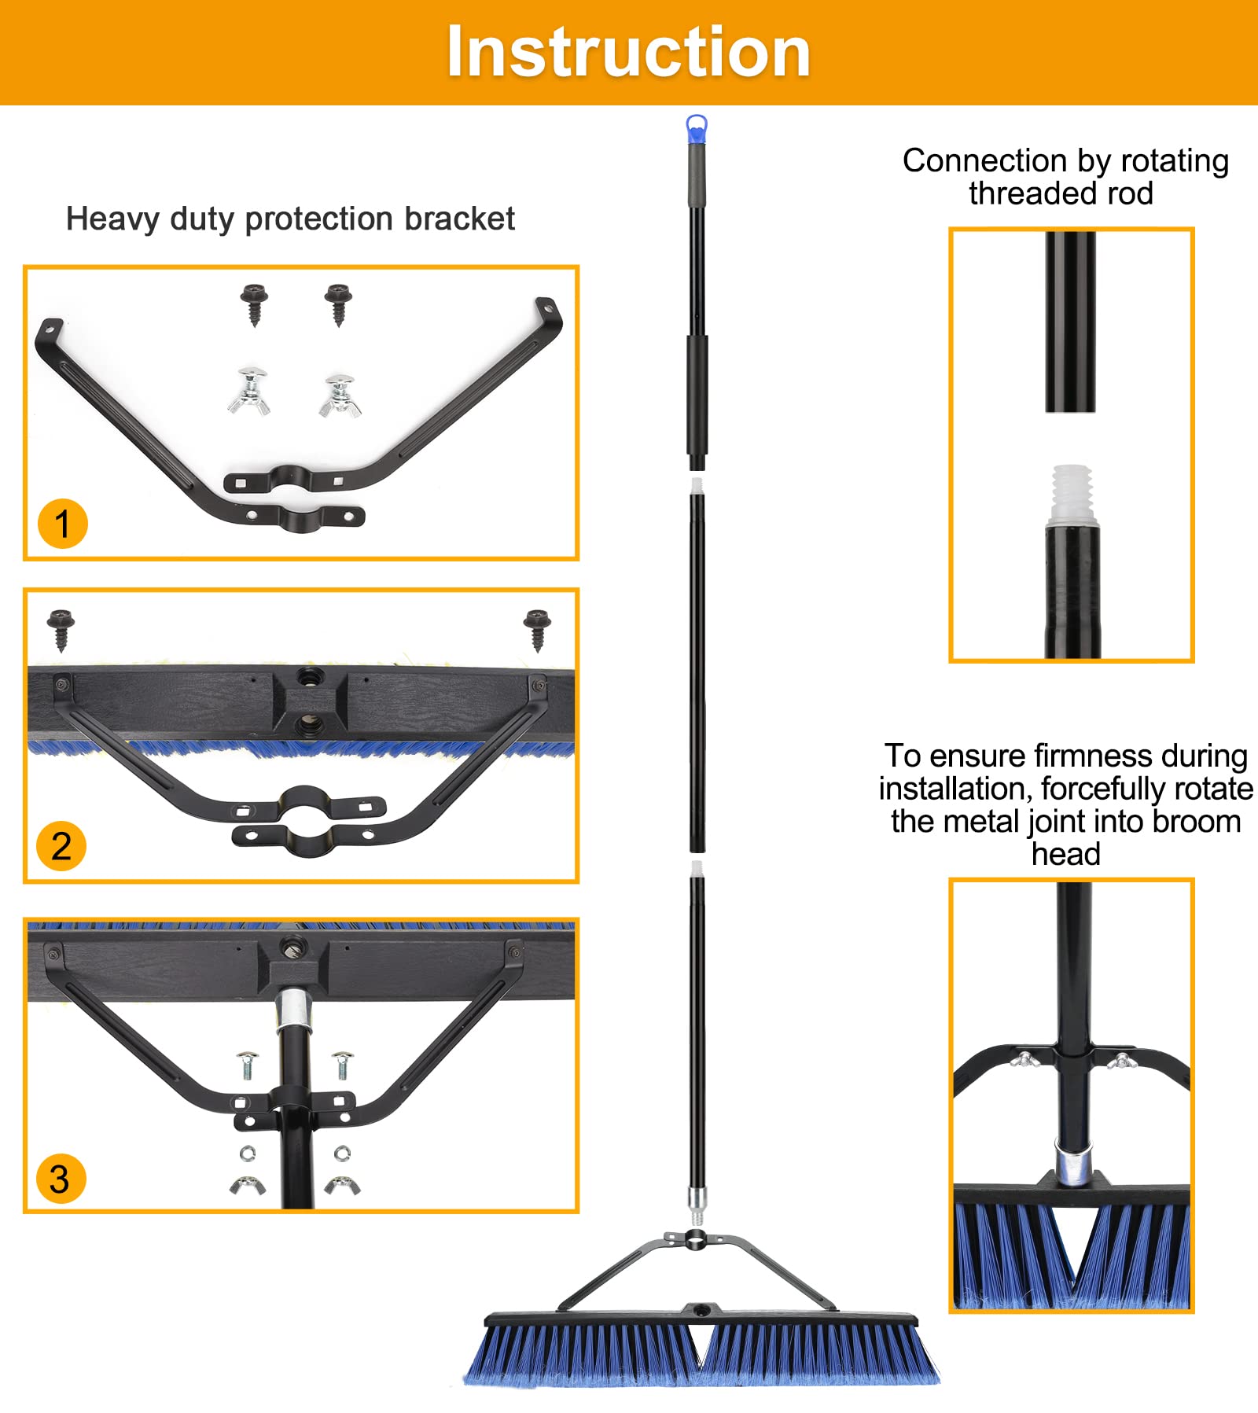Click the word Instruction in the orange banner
point(628,52)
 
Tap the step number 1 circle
point(62,524)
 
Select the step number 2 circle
point(61,846)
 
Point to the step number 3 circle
point(61,1179)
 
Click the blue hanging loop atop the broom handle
point(697,129)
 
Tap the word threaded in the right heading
point(1017,193)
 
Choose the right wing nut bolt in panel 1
point(340,396)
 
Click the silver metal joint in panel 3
point(292,1010)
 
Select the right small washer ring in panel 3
point(342,1154)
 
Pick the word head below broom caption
point(1065,854)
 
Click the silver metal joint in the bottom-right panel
point(1072,1165)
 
